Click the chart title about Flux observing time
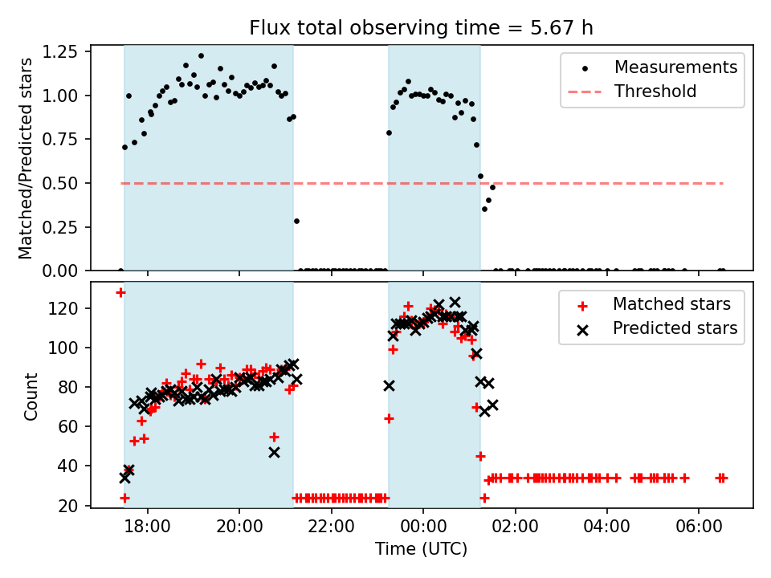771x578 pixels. coord(422,29)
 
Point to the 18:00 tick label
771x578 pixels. coord(148,529)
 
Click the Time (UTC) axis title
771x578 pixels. coord(422,550)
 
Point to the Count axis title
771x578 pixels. coord(31,396)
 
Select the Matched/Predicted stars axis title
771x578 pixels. coord(27,158)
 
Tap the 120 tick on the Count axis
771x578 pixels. coord(69,309)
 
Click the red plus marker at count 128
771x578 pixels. coord(120,292)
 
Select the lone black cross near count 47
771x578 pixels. coord(274,452)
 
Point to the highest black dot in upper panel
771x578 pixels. coord(201,56)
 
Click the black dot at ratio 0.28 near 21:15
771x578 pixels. coord(296,221)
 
